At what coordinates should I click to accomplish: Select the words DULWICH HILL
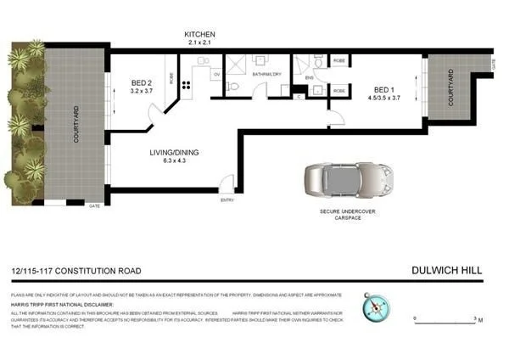point(446,271)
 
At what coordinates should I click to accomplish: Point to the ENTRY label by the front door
point(227,200)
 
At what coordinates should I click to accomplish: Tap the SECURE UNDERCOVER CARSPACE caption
point(349,213)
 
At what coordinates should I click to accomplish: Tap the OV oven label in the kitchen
point(217,75)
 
